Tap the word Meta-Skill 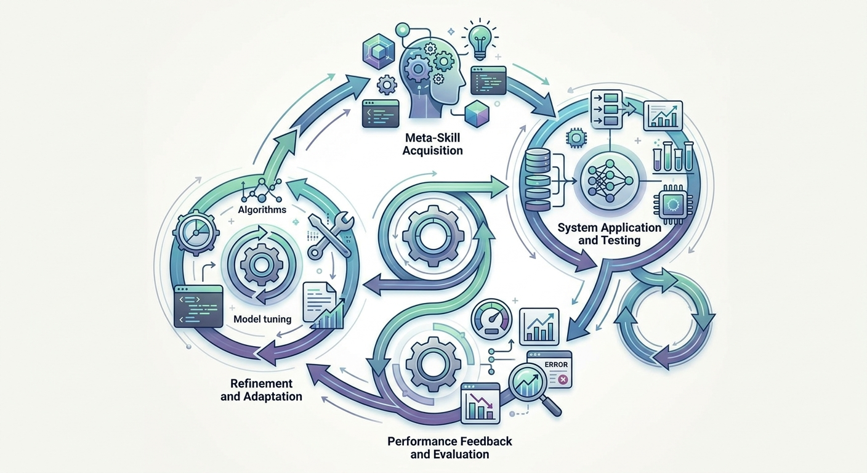point(432,137)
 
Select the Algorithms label point(262,210)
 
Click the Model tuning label point(262,319)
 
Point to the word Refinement point(261,384)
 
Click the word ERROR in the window point(556,365)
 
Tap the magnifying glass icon point(532,387)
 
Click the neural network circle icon point(610,181)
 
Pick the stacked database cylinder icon point(538,179)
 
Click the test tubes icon point(672,156)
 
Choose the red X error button point(563,380)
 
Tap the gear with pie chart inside point(195,233)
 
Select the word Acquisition point(432,150)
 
